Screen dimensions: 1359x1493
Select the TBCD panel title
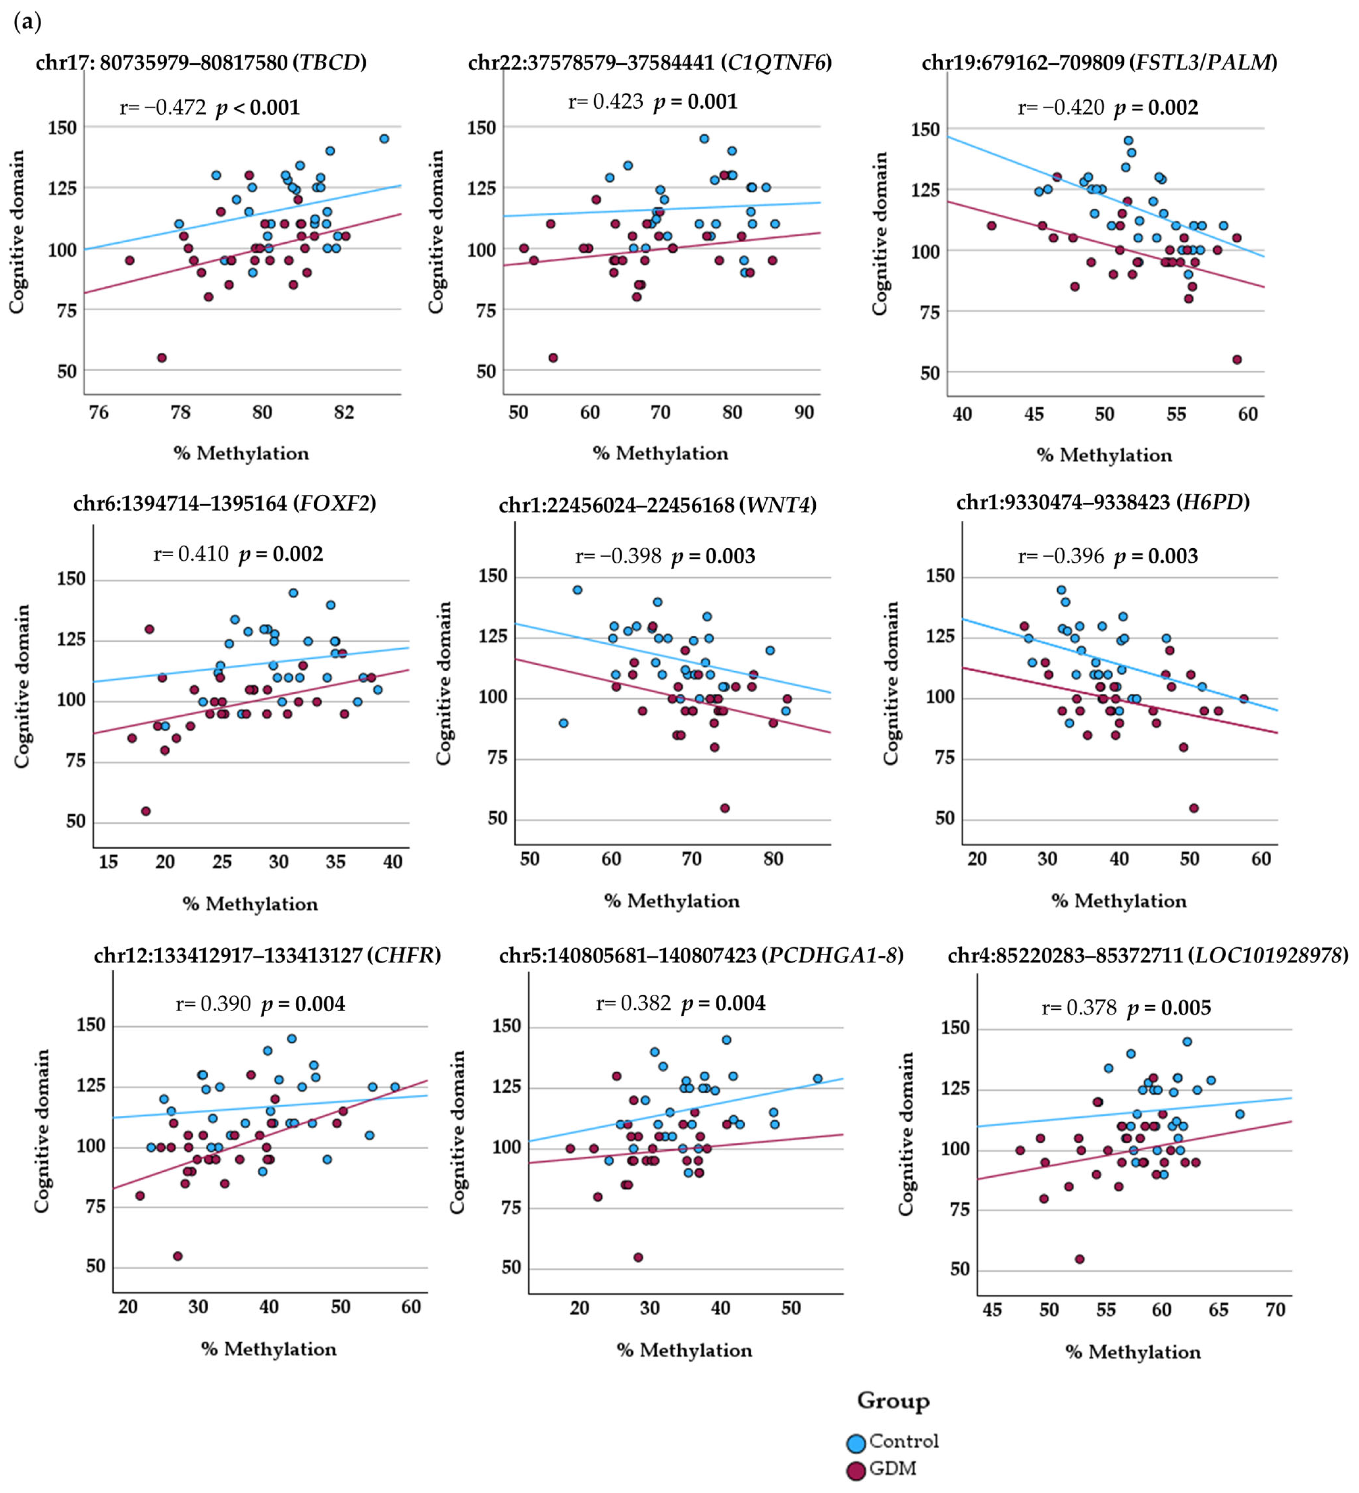click(x=201, y=62)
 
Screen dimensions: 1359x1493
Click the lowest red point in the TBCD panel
click(x=162, y=358)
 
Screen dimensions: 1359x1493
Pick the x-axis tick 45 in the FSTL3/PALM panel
click(x=1033, y=414)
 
